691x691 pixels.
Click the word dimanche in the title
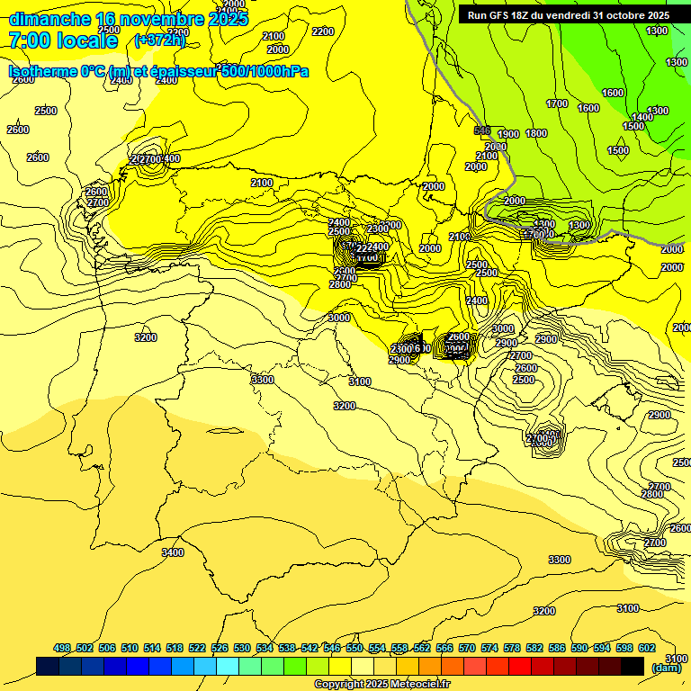pos(49,19)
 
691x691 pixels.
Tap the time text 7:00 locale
pos(63,40)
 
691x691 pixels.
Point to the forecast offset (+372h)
pos(159,40)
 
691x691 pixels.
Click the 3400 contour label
pos(172,552)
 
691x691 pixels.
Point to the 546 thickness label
pos(482,130)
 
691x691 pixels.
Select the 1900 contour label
pos(508,134)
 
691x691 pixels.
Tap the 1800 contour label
pos(536,134)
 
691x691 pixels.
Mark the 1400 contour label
pos(642,118)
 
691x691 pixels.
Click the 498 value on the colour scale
pos(62,648)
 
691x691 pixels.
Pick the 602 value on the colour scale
pos(647,648)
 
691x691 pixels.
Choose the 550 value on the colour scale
pos(354,648)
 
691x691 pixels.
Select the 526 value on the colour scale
pos(220,648)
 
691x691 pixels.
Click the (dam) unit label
pos(667,667)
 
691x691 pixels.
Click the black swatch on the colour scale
pos(633,666)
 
